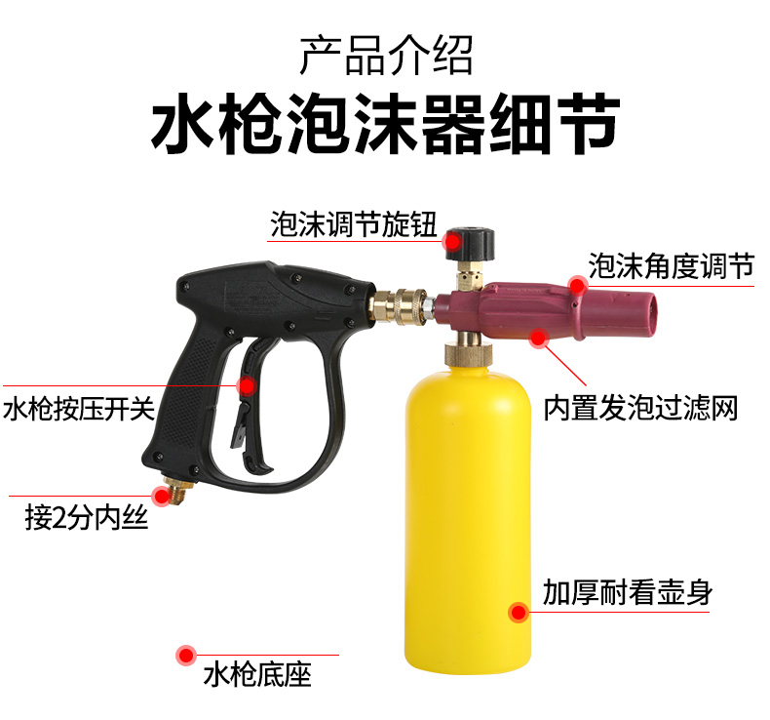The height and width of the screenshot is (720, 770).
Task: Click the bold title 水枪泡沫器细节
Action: point(385,125)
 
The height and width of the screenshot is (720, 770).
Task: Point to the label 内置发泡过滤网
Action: point(640,406)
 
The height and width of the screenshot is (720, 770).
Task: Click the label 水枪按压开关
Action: point(79,407)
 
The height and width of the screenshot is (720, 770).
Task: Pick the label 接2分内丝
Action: point(86,517)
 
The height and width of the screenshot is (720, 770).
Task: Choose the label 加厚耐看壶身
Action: point(628,592)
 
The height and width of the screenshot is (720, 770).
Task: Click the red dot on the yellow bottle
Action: point(518,613)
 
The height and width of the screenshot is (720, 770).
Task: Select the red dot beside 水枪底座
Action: point(184,655)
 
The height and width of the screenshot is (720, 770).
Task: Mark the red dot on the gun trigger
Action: point(248,387)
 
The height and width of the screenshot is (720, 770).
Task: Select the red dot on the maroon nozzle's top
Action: point(577,286)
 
